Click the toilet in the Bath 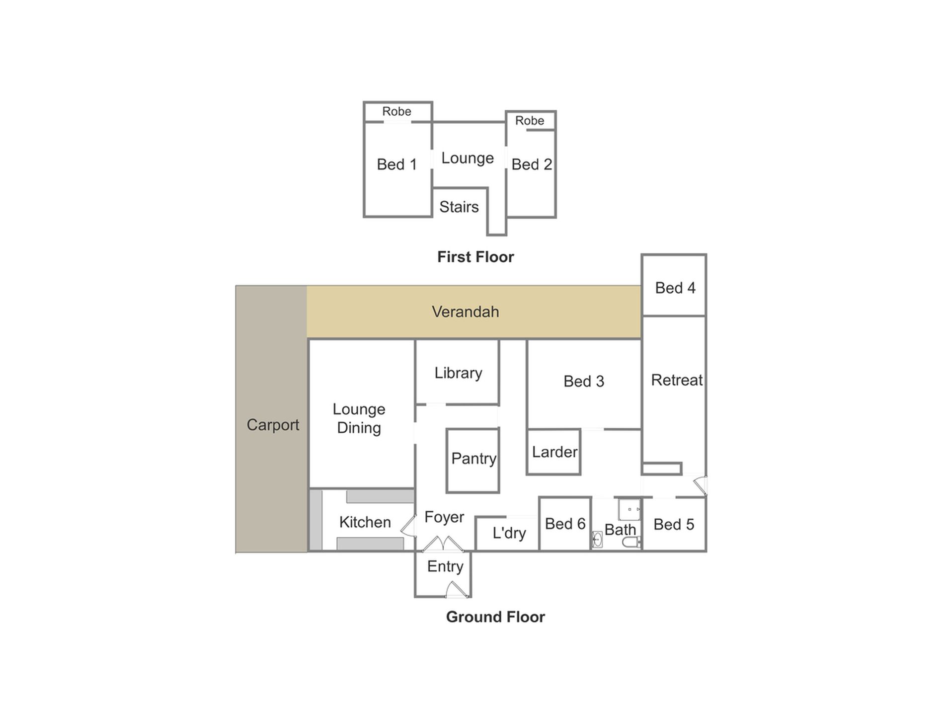click(631, 542)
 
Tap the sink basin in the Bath click(597, 540)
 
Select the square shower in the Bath click(629, 509)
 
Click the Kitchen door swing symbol click(409, 526)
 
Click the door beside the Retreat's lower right click(700, 486)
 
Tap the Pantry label click(473, 459)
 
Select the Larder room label click(554, 452)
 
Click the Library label click(458, 373)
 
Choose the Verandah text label click(465, 312)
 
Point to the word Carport click(273, 425)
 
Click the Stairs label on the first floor click(459, 207)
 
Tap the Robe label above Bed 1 click(396, 111)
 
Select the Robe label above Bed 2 click(530, 121)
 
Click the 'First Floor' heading click(475, 257)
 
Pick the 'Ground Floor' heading click(495, 617)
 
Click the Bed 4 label click(675, 288)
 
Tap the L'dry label click(509, 533)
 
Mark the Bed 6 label click(565, 524)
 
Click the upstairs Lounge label click(468, 158)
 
